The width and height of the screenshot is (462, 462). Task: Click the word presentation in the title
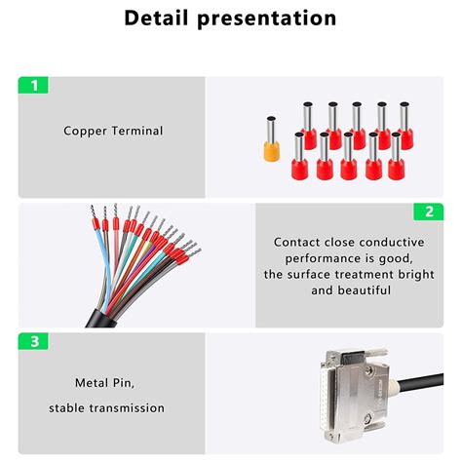[270, 19]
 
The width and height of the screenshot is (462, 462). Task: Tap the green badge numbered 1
[33, 85]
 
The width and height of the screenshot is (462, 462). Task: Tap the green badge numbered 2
[428, 212]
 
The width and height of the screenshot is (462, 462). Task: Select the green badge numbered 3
[33, 341]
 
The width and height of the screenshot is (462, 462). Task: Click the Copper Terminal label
[113, 131]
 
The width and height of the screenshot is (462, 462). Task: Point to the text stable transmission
[113, 407]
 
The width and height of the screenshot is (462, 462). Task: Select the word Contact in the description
[297, 242]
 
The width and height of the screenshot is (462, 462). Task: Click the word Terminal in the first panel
[137, 131]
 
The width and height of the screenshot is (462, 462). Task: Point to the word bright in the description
[419, 274]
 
